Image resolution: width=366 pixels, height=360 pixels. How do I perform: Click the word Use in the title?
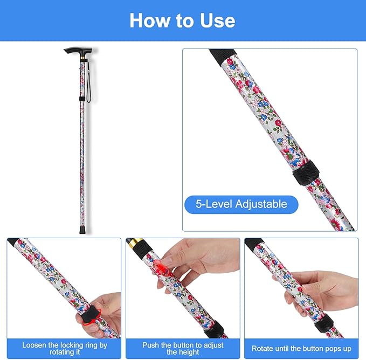(x=215, y=20)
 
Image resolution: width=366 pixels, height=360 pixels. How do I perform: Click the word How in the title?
(x=149, y=20)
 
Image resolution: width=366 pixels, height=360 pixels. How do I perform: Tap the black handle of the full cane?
(x=76, y=51)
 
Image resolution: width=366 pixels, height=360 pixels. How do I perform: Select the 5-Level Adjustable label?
(x=241, y=204)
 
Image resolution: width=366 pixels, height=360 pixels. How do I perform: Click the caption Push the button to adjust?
(x=183, y=348)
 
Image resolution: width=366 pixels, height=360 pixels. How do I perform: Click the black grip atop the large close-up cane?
(x=222, y=55)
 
